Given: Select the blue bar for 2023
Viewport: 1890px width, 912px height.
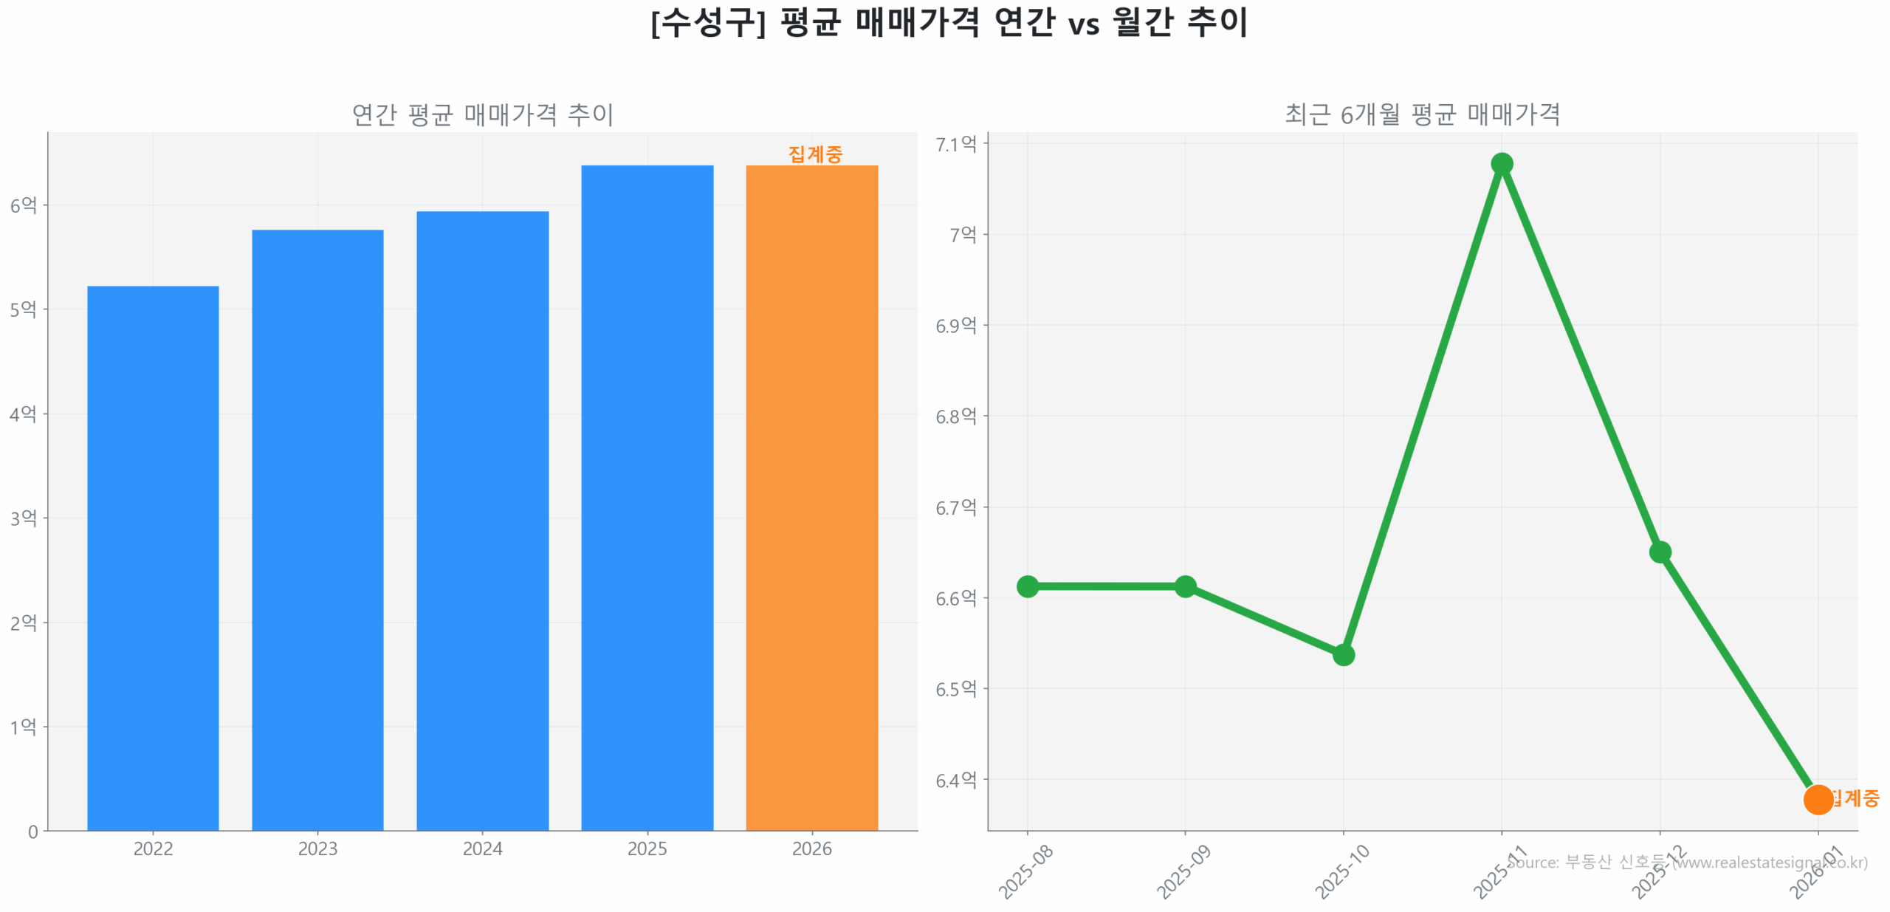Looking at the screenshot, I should coord(317,529).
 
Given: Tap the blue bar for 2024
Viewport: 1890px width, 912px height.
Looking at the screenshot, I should coord(482,521).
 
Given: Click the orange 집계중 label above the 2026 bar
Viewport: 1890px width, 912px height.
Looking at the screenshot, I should coord(814,154).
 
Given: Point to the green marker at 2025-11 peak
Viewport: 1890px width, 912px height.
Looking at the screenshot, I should coord(1501,163).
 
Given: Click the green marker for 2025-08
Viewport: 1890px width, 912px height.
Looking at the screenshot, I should coord(1027,586).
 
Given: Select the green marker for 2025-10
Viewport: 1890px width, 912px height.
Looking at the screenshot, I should coord(1343,654).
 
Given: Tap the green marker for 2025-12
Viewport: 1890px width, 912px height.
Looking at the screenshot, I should coord(1660,552).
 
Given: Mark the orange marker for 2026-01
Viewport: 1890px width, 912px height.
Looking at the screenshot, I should coord(1818,799).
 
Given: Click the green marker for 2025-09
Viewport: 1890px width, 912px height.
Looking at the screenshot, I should coord(1185,586).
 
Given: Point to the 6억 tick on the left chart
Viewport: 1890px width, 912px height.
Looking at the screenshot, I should coord(23,205).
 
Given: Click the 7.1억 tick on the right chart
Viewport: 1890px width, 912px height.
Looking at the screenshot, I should coord(955,144).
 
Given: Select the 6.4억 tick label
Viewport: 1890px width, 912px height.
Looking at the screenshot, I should coord(955,780).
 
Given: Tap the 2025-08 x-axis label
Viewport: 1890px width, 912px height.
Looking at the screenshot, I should coord(1025,871).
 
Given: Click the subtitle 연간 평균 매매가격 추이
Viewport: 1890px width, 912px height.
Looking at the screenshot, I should coord(482,114).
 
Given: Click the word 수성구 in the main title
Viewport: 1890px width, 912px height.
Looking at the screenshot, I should coord(707,22).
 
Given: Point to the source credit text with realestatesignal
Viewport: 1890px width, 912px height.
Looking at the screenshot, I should coord(1691,862).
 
